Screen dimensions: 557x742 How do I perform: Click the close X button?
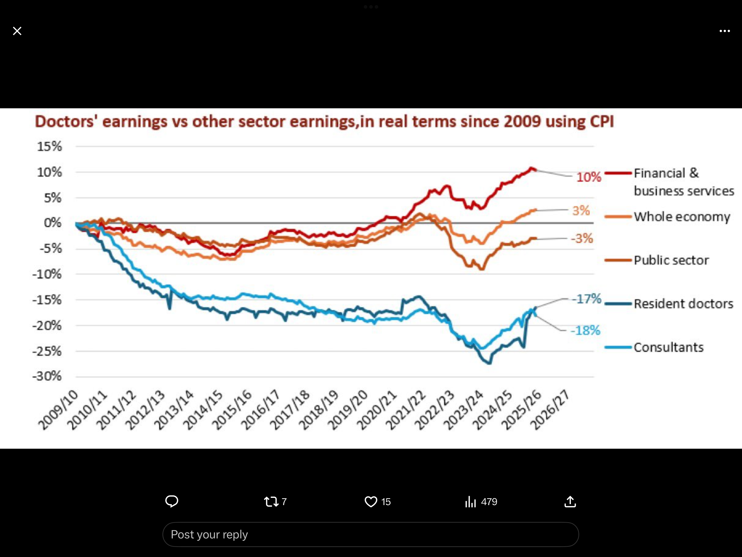[17, 31]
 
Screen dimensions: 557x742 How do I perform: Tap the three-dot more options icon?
[724, 31]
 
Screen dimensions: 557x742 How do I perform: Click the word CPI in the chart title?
[602, 122]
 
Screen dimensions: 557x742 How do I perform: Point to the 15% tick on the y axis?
[49, 146]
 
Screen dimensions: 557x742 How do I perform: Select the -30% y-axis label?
[47, 376]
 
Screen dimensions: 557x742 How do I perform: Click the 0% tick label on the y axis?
[53, 223]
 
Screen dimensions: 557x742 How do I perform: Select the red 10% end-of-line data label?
[589, 177]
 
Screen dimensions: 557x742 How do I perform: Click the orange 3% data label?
[581, 210]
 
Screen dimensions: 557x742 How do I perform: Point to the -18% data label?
[585, 330]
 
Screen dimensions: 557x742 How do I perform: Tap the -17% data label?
[586, 299]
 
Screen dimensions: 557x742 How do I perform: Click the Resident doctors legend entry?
[683, 304]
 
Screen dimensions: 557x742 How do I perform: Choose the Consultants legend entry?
[668, 348]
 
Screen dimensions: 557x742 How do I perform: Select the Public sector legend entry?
[671, 260]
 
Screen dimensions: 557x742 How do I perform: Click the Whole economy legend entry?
[682, 217]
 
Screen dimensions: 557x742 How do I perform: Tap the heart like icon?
[371, 502]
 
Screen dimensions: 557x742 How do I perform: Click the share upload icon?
[570, 502]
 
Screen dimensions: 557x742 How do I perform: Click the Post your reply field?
[370, 535]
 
